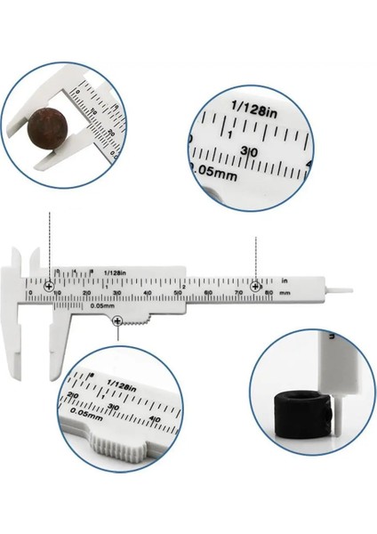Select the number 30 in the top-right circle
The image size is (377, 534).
252,152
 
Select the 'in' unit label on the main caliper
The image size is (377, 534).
285,280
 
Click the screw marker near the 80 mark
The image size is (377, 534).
255,285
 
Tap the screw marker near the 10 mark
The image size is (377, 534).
48,285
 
